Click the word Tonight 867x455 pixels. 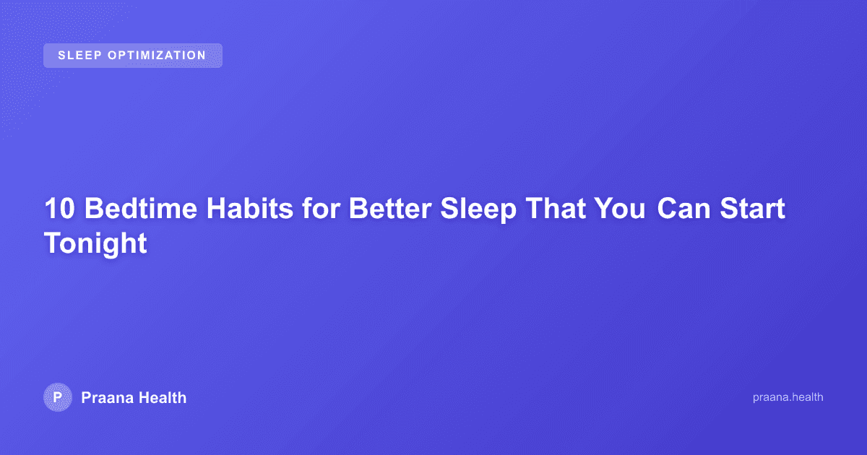pyautogui.click(x=95, y=243)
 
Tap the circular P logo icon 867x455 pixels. pyautogui.click(x=58, y=397)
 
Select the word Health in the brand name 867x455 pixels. pyautogui.click(x=163, y=397)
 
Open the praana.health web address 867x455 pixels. pyautogui.click(x=788, y=397)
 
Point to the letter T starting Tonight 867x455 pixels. pyautogui.click(x=52, y=242)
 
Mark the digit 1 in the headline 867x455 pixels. pyautogui.click(x=51, y=209)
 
